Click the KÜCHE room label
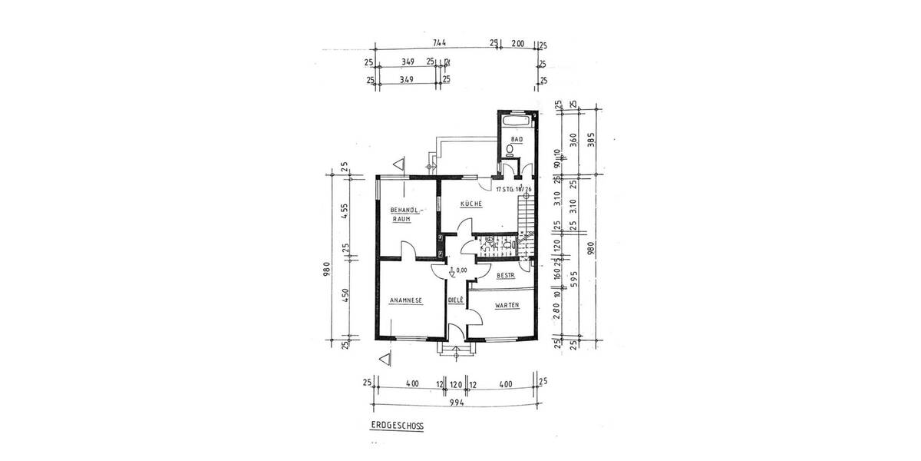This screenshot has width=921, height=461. tap(470, 204)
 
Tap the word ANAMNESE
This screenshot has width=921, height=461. tap(407, 301)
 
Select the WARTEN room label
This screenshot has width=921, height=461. tap(507, 305)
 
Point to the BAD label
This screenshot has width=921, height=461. tap(516, 139)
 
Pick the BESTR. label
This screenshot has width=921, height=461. tap(505, 275)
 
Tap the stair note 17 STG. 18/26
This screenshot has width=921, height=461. tap(513, 188)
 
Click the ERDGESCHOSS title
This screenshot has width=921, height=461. tap(397, 424)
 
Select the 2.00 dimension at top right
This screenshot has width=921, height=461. tap(518, 44)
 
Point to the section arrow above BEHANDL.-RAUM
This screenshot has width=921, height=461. tap(398, 164)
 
